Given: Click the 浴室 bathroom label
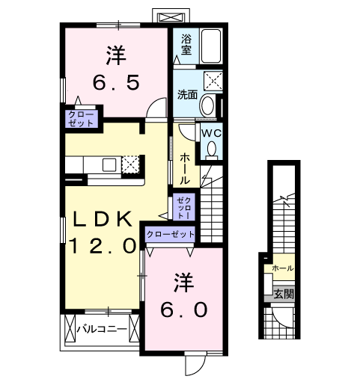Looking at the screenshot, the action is pos(186,44).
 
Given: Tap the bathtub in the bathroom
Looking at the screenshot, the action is pos(211,46).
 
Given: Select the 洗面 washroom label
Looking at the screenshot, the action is pos(187,95).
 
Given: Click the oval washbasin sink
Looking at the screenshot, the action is pos(207,105).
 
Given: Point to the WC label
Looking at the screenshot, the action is pos(211,134).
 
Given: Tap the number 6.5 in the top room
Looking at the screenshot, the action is pos(116,83).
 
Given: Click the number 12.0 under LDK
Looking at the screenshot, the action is pos(103,246).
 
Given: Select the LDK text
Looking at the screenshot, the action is pos(103,219).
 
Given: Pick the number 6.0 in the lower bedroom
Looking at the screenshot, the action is pos(184,309).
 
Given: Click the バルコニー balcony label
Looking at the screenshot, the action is pos(102,329).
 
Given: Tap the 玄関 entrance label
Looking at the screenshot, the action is pos(284,294).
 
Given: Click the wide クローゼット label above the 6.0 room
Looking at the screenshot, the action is pos(171,234).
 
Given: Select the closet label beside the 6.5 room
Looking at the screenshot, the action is pos(81,119).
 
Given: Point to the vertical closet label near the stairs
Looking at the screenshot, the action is pos(184,208).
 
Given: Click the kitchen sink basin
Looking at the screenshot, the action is pos(109,164).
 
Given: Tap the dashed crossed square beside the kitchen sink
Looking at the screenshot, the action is pos(130,164).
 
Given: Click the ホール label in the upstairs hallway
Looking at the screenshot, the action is pos(185,169).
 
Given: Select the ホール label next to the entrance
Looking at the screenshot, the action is pos(283,268).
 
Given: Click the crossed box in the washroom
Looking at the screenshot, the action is pos(213,81).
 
